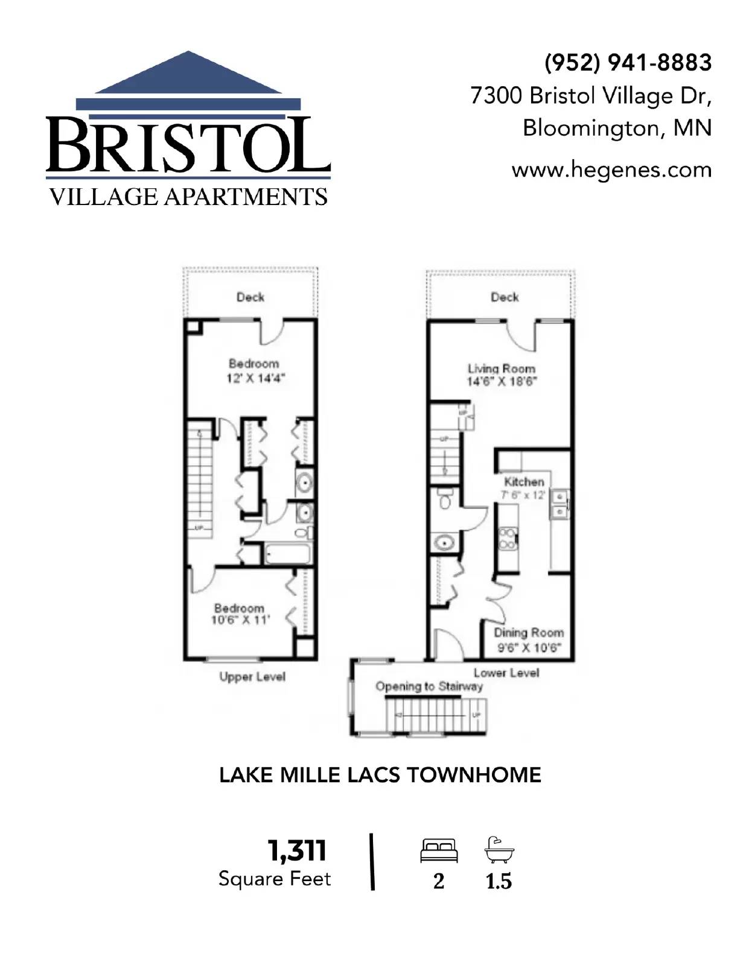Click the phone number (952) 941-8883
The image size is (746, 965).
[628, 63]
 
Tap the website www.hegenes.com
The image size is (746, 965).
[611, 170]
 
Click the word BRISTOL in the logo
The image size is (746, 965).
[188, 145]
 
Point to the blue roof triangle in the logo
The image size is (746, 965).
[189, 75]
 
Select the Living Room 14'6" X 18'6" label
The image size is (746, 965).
[502, 375]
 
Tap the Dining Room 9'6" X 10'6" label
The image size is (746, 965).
[529, 640]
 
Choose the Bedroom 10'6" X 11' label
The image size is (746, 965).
[240, 614]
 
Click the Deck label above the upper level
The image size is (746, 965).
[250, 297]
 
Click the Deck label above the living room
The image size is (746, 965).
[505, 297]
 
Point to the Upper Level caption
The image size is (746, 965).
[252, 677]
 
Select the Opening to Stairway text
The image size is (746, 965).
[429, 686]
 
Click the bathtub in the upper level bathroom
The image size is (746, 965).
[288, 554]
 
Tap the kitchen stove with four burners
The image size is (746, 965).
[507, 539]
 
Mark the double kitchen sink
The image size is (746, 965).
[558, 505]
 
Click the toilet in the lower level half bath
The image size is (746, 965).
[445, 500]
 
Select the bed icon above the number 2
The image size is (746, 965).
[439, 851]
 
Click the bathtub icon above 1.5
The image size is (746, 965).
[499, 851]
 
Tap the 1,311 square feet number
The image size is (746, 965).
[297, 851]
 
